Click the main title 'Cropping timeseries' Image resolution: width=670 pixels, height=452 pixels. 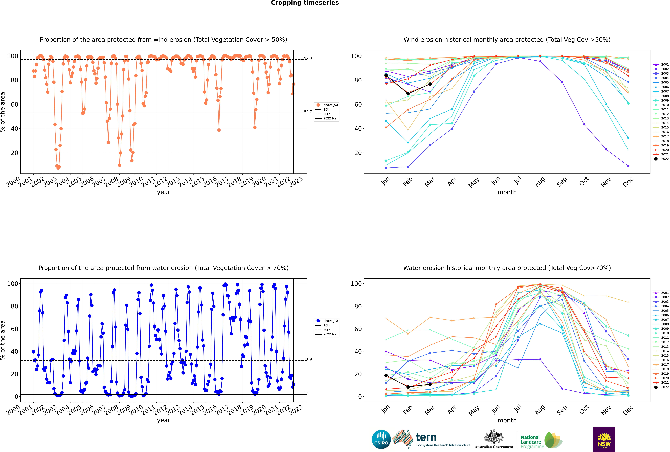tap(305, 3)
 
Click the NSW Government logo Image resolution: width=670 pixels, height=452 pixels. tap(604, 439)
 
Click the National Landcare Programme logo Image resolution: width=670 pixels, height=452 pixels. tap(542, 440)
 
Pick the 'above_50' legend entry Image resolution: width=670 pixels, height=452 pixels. tap(326, 105)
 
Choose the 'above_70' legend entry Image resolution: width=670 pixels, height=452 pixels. tap(326, 321)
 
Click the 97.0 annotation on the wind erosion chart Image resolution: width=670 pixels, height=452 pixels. tap(308, 58)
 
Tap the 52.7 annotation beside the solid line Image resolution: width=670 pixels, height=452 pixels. tap(308, 112)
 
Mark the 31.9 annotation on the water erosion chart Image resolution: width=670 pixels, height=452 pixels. tap(308, 359)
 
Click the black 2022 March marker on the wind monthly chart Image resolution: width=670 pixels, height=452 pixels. tap(430, 84)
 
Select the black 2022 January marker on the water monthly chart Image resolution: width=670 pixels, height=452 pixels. tap(386, 375)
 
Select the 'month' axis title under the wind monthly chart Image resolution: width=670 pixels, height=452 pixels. tap(507, 192)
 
